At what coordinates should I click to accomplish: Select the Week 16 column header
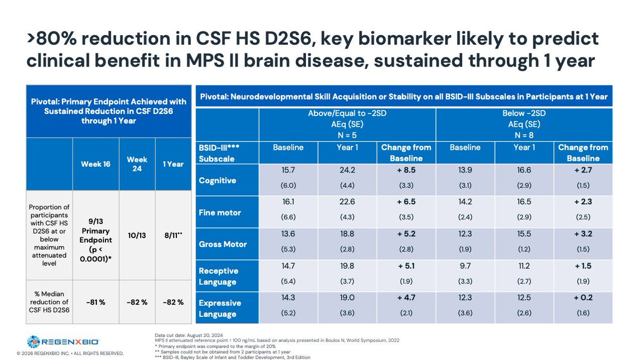[96, 164]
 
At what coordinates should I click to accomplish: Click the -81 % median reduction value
[96, 302]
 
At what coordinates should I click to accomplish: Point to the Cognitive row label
[217, 181]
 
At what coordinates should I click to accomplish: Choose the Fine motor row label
[220, 212]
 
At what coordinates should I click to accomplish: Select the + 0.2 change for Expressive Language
[583, 298]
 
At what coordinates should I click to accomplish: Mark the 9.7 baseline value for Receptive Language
[465, 266]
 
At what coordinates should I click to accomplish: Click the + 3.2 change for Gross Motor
[583, 234]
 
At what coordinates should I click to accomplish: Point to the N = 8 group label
[524, 133]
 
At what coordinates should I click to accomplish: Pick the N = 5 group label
[347, 133]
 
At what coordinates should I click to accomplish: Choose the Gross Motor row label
[223, 244]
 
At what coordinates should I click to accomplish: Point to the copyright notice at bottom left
[62, 353]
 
